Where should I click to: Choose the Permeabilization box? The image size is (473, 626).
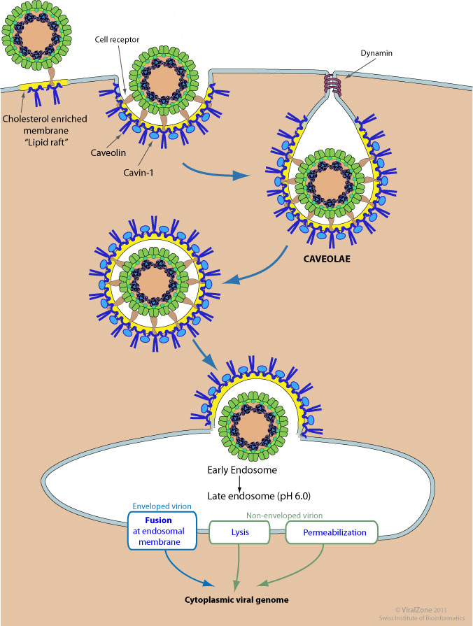pyautogui.click(x=332, y=532)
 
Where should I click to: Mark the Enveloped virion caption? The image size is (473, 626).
pyautogui.click(x=160, y=505)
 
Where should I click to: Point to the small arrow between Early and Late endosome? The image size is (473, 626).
pyautogui.click(x=239, y=483)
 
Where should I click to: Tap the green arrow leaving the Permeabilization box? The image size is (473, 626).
pyautogui.click(x=294, y=568)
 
